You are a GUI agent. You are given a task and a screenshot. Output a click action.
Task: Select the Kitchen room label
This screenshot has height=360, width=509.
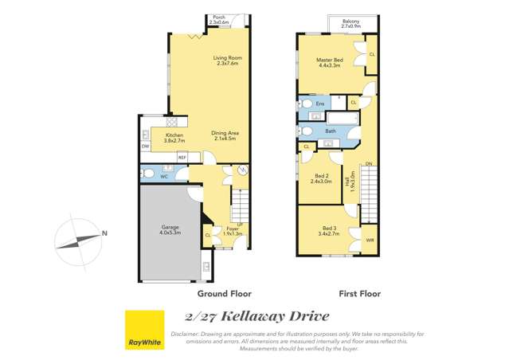pos(174,138)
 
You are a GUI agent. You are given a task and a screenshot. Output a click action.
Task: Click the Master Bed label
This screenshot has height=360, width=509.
pos(329,62)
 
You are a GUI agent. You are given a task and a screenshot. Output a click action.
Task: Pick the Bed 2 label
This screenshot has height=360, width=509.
pos(321,178)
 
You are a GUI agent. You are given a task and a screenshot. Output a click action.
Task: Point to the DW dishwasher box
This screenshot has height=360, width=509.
pos(146,147)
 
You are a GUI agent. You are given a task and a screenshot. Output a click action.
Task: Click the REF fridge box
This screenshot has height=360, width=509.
pos(182,158)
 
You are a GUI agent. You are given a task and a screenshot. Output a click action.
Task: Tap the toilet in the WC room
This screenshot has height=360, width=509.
pos(148,174)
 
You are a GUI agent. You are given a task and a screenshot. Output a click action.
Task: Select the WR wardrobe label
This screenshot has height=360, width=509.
pos(370,240)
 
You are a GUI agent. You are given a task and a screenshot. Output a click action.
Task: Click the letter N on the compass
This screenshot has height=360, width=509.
pos(104,234)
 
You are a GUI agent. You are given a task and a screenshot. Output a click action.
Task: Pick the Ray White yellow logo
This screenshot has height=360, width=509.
pos(144,330)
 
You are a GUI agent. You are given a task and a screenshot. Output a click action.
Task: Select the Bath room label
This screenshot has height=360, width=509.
pos(331,131)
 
